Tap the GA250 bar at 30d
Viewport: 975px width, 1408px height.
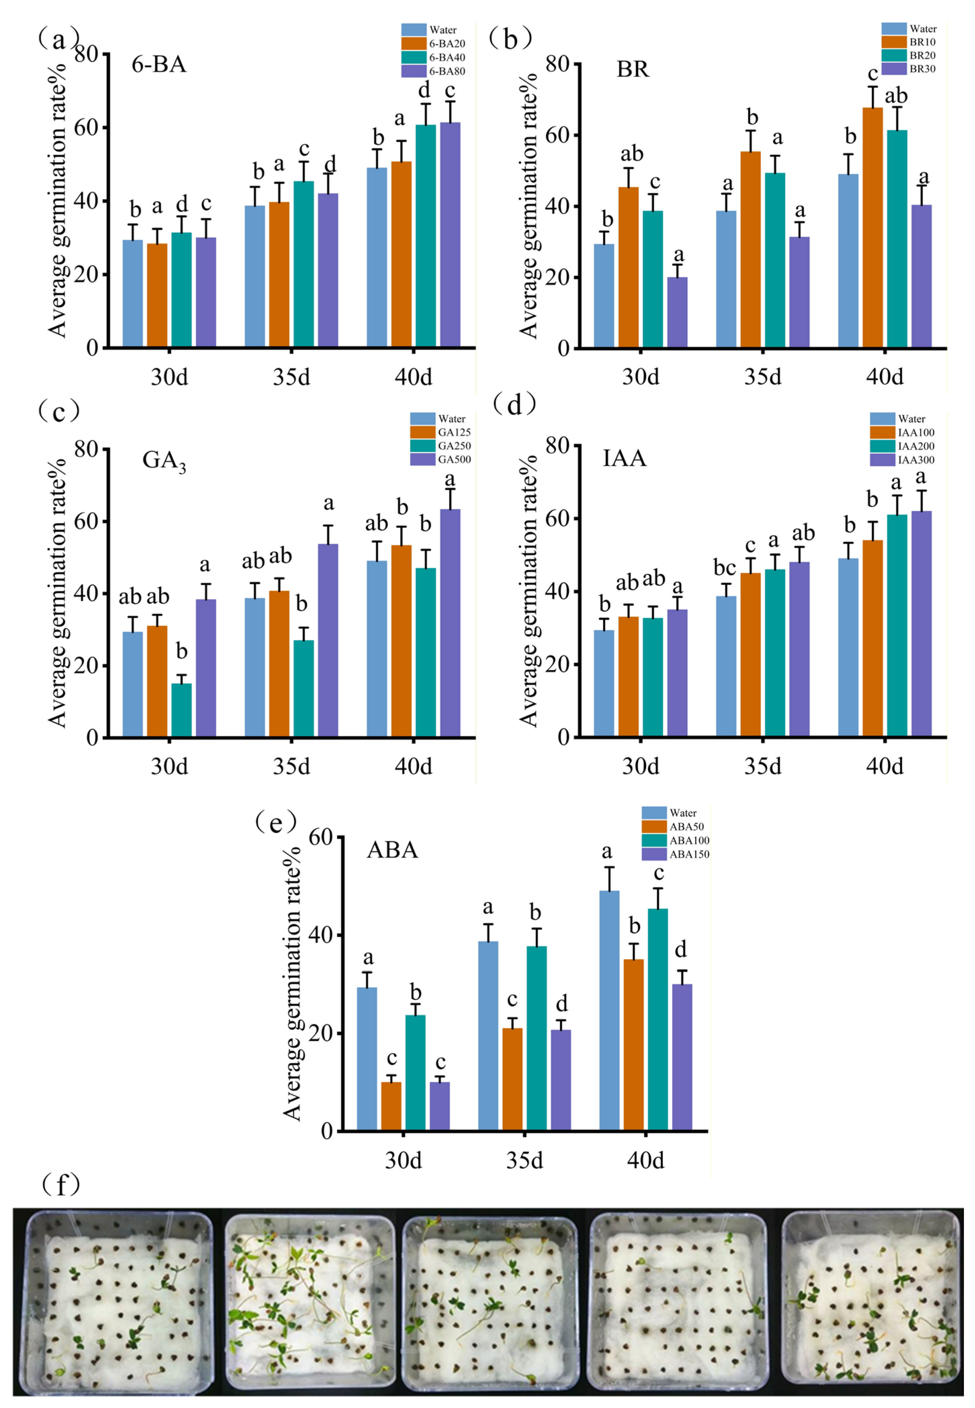click(x=181, y=710)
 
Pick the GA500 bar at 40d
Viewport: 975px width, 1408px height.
click(x=450, y=623)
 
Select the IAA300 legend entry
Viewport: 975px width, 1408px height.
click(x=902, y=459)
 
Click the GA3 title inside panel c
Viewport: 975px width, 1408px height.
click(x=164, y=460)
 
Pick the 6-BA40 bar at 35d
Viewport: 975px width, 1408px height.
click(x=304, y=264)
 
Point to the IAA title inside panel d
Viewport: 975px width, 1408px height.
click(x=624, y=458)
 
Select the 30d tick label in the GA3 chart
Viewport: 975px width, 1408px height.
click(x=169, y=765)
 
